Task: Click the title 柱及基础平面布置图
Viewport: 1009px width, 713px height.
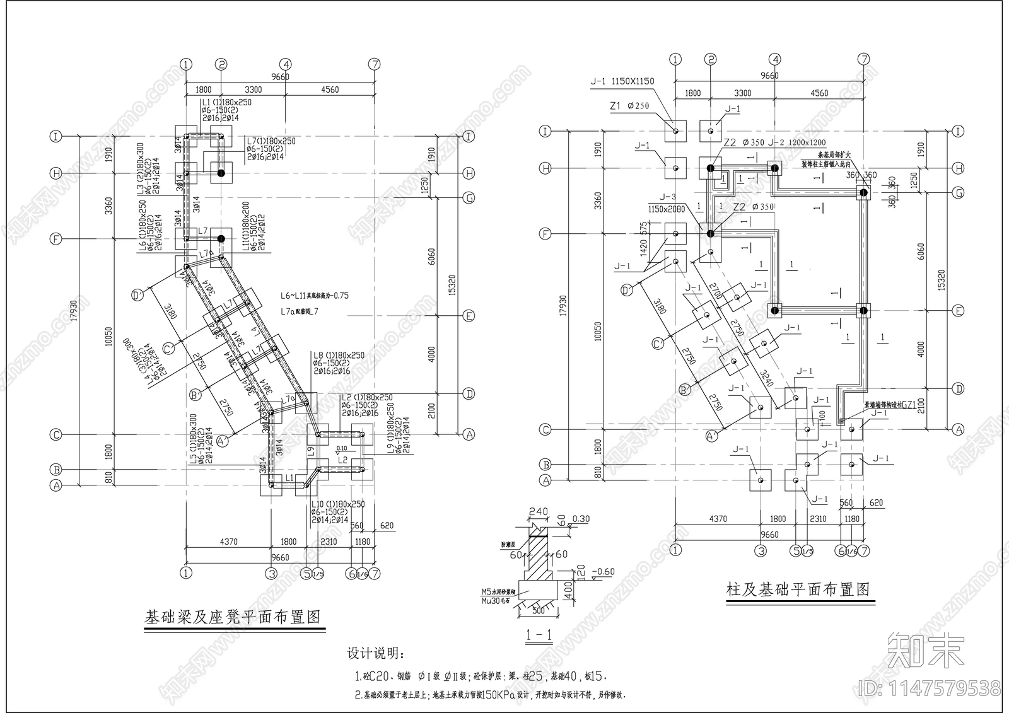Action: click(x=798, y=590)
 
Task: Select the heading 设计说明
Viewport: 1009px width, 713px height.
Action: click(x=376, y=653)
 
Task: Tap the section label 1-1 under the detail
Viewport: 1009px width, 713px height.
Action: click(x=539, y=636)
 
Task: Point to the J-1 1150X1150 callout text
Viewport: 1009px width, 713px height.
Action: click(x=622, y=81)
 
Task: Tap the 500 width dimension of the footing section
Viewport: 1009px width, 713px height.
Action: click(x=538, y=611)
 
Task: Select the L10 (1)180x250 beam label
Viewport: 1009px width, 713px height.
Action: click(x=337, y=505)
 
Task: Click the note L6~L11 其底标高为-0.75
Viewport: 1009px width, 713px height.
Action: click(x=315, y=295)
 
